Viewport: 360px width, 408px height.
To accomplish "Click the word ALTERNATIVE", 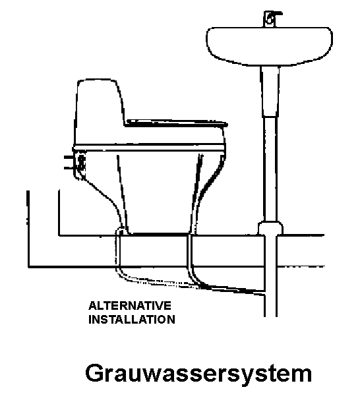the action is (130, 305).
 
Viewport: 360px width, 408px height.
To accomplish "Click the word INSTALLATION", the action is (132, 320).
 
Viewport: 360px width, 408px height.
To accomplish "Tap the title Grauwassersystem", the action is (198, 374).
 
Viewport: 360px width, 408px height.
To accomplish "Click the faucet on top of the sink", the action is (272, 18).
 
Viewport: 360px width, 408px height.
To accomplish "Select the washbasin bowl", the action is (269, 46).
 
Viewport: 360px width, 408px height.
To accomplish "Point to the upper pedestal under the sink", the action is (270, 91).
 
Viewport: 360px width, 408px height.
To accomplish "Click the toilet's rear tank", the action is (99, 112).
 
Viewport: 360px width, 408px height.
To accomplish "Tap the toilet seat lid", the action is (177, 123).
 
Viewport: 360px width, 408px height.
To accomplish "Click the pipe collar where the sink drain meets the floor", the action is (271, 228).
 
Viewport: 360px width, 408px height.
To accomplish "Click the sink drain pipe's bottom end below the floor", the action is (271, 315).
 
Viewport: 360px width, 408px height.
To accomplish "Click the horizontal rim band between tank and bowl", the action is (149, 148).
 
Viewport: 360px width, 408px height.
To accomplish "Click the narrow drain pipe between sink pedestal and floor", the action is (270, 169).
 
